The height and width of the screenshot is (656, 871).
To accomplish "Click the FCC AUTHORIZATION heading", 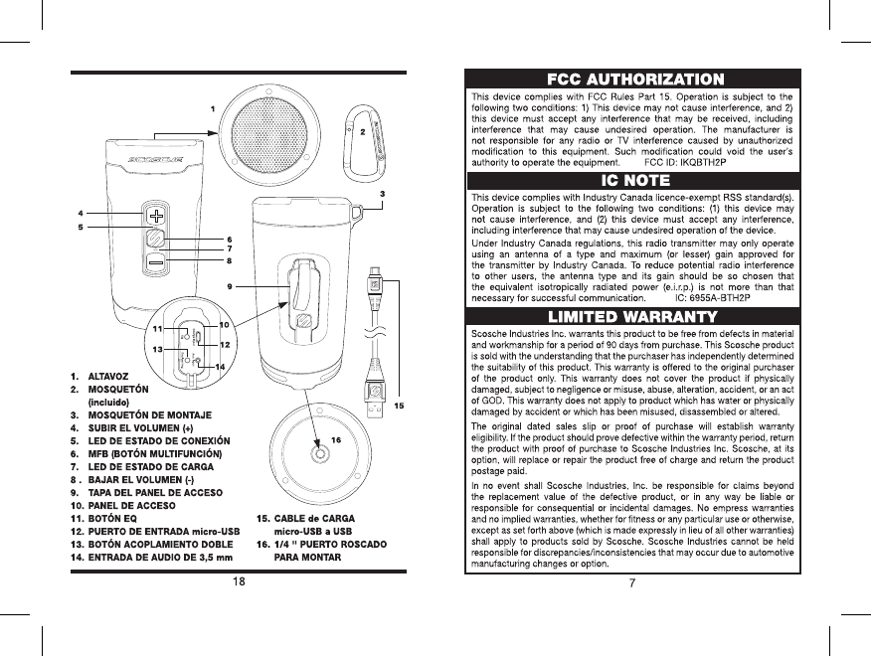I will (x=635, y=79).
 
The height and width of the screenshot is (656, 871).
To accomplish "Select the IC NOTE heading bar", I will (x=635, y=180).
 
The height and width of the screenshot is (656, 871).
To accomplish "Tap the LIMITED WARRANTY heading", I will (x=635, y=316).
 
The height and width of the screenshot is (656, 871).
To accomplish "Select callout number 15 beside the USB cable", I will (x=400, y=405).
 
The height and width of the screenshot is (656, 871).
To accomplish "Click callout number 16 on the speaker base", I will (x=336, y=438).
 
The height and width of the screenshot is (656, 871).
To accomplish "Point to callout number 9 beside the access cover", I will (x=230, y=286).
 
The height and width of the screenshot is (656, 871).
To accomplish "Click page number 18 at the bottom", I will (x=240, y=580).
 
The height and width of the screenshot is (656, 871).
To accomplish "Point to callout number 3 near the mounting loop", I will (x=383, y=193).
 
